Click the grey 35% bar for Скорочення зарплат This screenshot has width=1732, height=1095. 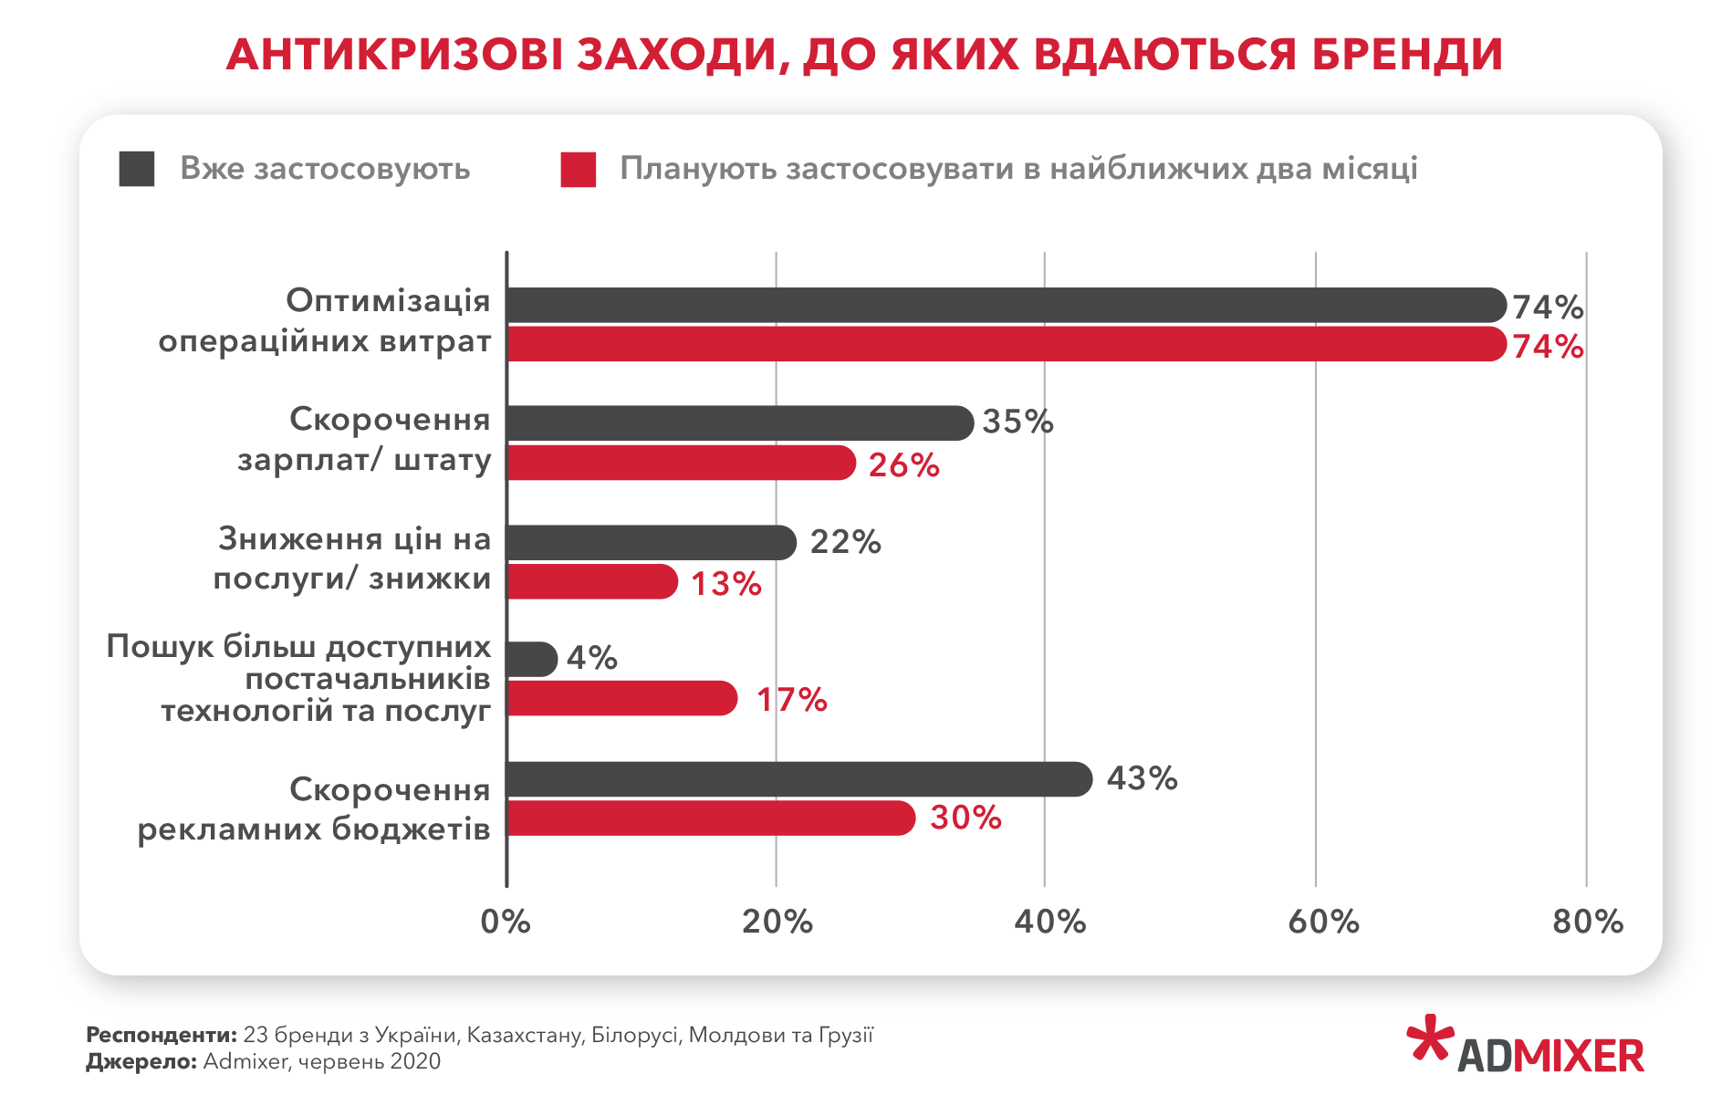[x=739, y=423]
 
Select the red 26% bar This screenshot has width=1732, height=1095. [x=680, y=463]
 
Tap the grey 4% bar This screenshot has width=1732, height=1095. [x=531, y=659]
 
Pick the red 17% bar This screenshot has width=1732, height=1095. [x=621, y=698]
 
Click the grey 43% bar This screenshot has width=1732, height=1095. [x=798, y=779]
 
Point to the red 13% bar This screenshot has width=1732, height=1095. [x=591, y=581]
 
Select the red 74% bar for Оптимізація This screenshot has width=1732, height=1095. [x=1004, y=344]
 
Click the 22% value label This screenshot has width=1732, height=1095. [x=845, y=542]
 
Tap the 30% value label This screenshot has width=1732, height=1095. [x=965, y=818]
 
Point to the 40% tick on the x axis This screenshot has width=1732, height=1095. [x=1049, y=922]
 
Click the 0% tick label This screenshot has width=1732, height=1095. [x=506, y=922]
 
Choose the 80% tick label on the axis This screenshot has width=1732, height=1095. [x=1588, y=922]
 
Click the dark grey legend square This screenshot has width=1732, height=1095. [x=137, y=170]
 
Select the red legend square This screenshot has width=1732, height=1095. [x=579, y=170]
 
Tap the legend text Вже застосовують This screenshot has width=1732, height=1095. [x=325, y=169]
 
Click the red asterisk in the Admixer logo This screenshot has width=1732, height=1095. [x=1429, y=1038]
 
